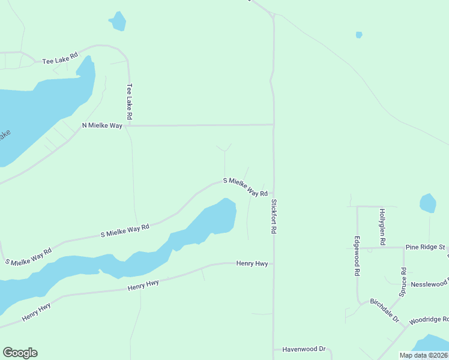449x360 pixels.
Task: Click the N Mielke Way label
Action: (x=102, y=125)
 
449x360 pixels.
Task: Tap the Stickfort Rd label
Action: (x=274, y=216)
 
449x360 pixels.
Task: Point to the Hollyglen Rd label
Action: (x=382, y=226)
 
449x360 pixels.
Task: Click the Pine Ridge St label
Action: (x=425, y=247)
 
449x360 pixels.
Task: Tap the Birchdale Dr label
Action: (x=384, y=310)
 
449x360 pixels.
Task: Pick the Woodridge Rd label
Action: (x=429, y=320)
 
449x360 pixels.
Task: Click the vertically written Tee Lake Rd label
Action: (x=128, y=100)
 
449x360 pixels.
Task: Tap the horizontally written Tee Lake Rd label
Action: (x=60, y=58)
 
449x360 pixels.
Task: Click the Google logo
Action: (x=20, y=353)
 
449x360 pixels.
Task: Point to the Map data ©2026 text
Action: (x=423, y=355)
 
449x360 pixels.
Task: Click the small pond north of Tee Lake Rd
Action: (x=118, y=22)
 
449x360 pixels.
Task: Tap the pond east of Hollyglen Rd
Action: (x=427, y=203)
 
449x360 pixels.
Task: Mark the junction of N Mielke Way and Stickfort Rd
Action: (x=274, y=125)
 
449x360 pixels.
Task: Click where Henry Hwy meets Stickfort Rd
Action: (x=274, y=263)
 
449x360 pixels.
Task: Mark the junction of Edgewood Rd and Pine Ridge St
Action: (x=357, y=247)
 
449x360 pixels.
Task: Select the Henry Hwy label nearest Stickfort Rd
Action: (x=252, y=263)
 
